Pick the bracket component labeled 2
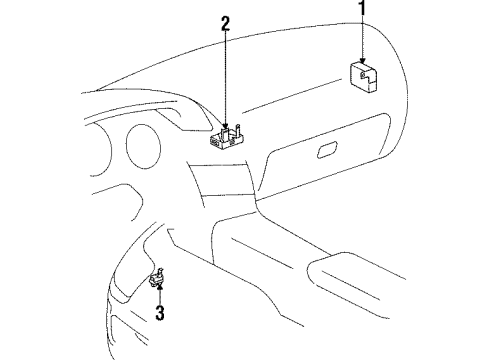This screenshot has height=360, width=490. (228, 136)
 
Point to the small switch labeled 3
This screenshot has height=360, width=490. (158, 280)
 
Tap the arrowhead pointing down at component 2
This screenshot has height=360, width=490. (227, 121)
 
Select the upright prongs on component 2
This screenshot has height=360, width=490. (238, 128)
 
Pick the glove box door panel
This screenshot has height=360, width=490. (330, 160)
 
